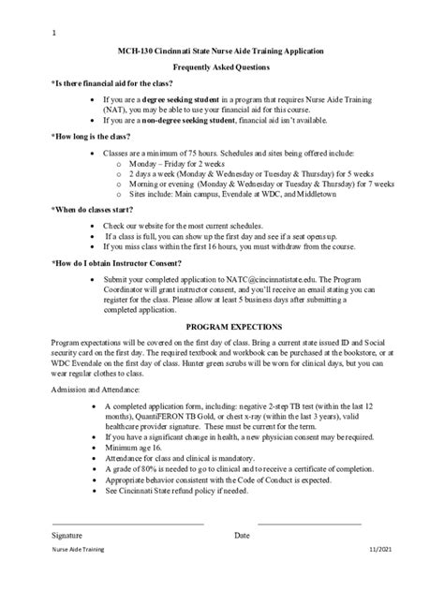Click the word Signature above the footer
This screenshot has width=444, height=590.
point(69,535)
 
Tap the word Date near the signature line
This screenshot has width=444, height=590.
point(242,535)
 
